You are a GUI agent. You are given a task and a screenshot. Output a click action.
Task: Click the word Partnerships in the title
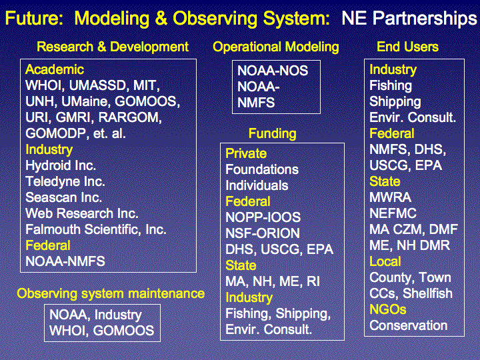425,19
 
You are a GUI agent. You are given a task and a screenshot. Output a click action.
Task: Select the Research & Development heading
113,47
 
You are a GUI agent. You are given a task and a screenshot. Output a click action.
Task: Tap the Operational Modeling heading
276,47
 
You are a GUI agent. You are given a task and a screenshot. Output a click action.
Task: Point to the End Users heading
407,47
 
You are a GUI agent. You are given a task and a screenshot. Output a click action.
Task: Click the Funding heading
273,133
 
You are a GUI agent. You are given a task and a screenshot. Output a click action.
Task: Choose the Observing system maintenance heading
111,293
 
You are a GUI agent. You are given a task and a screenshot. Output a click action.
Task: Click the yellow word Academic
55,69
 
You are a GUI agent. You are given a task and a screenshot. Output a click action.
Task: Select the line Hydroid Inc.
61,165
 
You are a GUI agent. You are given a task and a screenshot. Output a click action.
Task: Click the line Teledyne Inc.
65,181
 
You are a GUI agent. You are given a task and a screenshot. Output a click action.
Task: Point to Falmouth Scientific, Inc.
96,229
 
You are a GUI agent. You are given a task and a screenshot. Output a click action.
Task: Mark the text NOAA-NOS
273,71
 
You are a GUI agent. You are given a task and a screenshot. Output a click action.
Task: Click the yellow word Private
246,153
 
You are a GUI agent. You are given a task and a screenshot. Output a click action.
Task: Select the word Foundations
262,169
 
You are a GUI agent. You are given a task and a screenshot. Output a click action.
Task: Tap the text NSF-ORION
263,233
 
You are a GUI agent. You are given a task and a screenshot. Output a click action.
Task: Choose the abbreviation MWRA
390,197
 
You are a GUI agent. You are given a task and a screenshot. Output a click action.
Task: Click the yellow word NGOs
387,309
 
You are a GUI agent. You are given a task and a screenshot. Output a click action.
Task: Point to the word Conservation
409,325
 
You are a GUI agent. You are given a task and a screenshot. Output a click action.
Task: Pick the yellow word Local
385,261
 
